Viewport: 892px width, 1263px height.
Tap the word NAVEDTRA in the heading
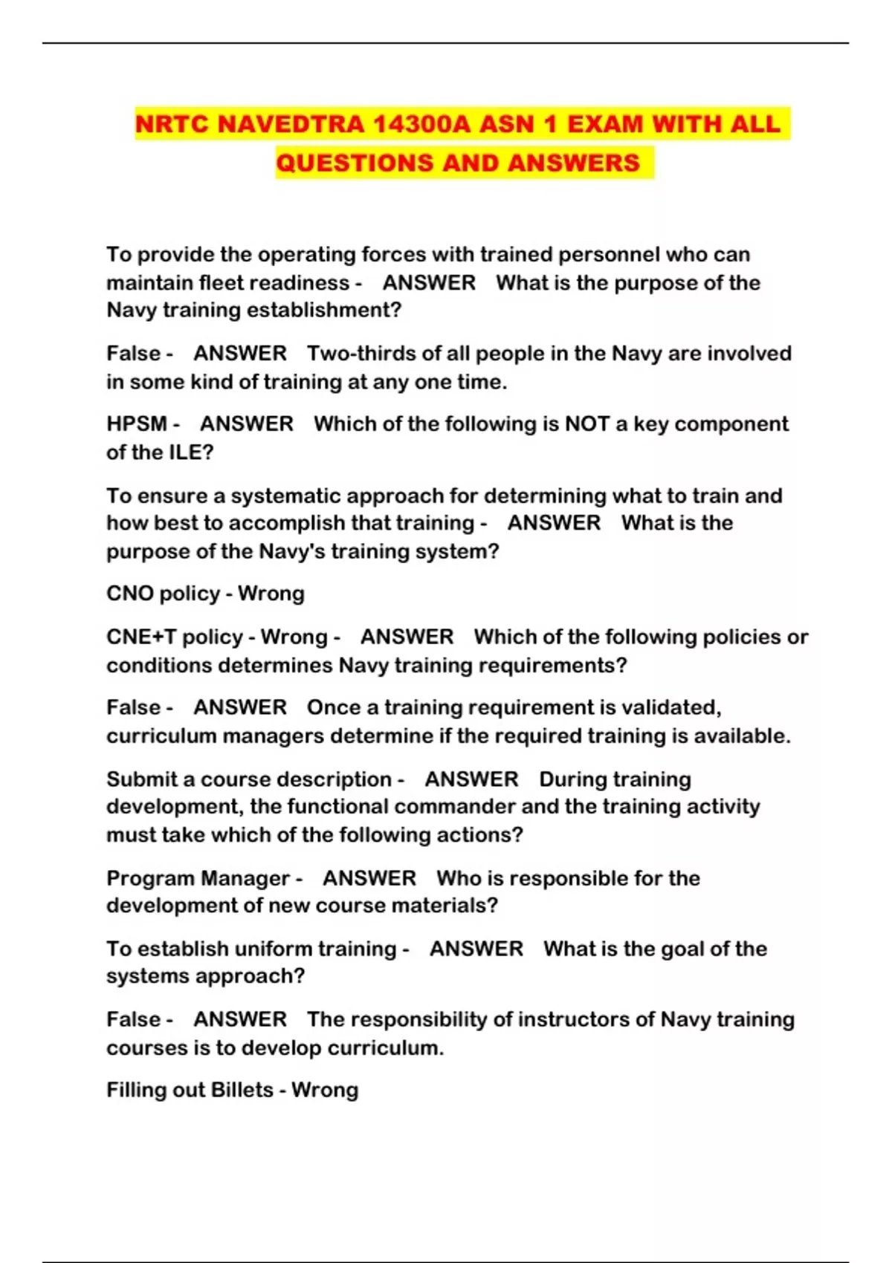pyautogui.click(x=290, y=123)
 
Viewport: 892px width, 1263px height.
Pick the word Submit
pyautogui.click(x=141, y=779)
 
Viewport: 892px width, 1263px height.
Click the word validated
pyautogui.click(x=670, y=707)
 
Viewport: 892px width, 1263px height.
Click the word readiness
pyautogui.click(x=306, y=283)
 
